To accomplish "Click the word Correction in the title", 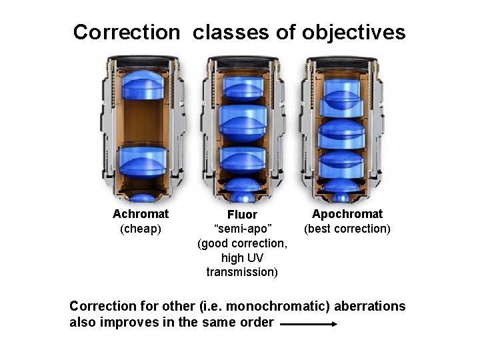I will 126,32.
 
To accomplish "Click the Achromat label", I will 141,214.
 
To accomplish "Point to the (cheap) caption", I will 141,229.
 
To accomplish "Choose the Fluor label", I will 242,215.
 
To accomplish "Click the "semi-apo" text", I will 242,229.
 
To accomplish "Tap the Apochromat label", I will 347,214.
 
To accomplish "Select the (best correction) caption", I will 347,229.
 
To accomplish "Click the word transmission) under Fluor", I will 242,272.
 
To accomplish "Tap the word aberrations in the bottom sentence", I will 369,307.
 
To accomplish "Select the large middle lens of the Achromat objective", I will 141,161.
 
